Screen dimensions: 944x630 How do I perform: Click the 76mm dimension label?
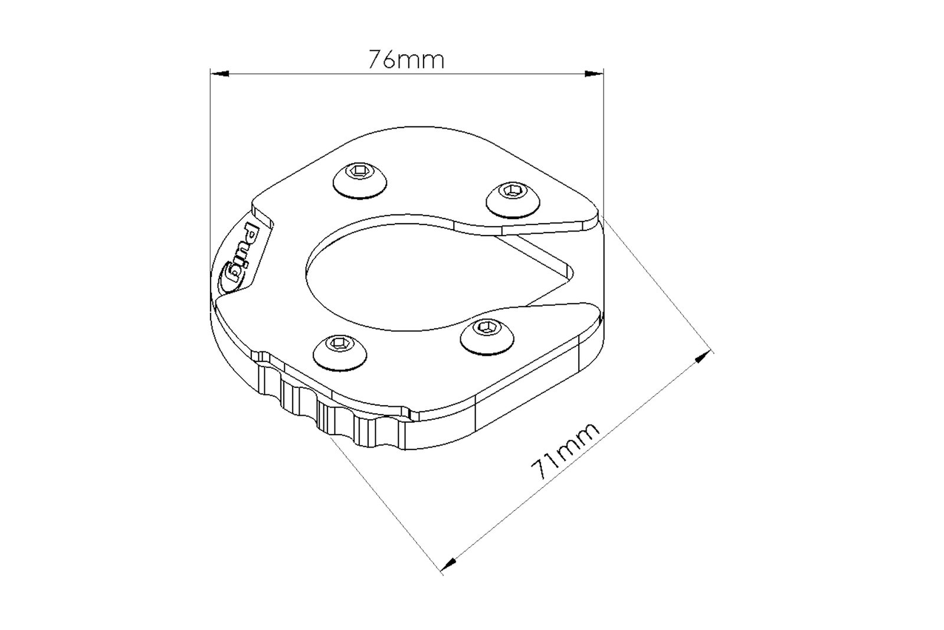click(x=407, y=59)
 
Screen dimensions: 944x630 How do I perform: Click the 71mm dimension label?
click(x=565, y=451)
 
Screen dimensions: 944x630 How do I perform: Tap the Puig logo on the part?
click(x=240, y=257)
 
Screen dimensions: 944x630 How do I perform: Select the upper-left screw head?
click(x=359, y=181)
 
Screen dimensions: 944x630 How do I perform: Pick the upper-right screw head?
click(x=513, y=200)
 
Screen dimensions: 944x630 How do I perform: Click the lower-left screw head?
click(x=340, y=353)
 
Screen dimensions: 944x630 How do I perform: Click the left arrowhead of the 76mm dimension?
click(x=219, y=74)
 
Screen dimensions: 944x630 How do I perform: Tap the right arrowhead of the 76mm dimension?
click(x=594, y=74)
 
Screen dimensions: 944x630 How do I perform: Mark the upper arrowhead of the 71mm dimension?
click(x=703, y=357)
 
